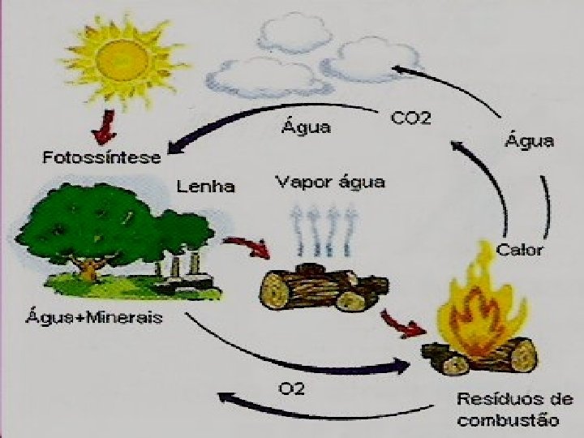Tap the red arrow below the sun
click(x=105, y=126)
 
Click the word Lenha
click(x=207, y=187)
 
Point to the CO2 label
click(x=411, y=119)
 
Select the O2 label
click(x=292, y=389)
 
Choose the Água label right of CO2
click(x=530, y=141)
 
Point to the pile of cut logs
click(x=322, y=288)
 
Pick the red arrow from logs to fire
click(x=406, y=324)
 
